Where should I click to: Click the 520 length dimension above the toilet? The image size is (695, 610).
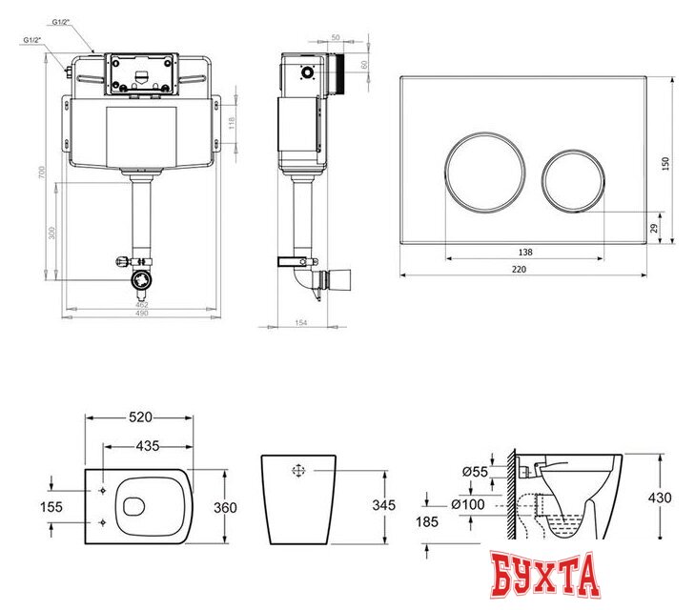(x=139, y=418)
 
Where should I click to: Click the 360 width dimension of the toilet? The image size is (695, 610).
(x=225, y=508)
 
